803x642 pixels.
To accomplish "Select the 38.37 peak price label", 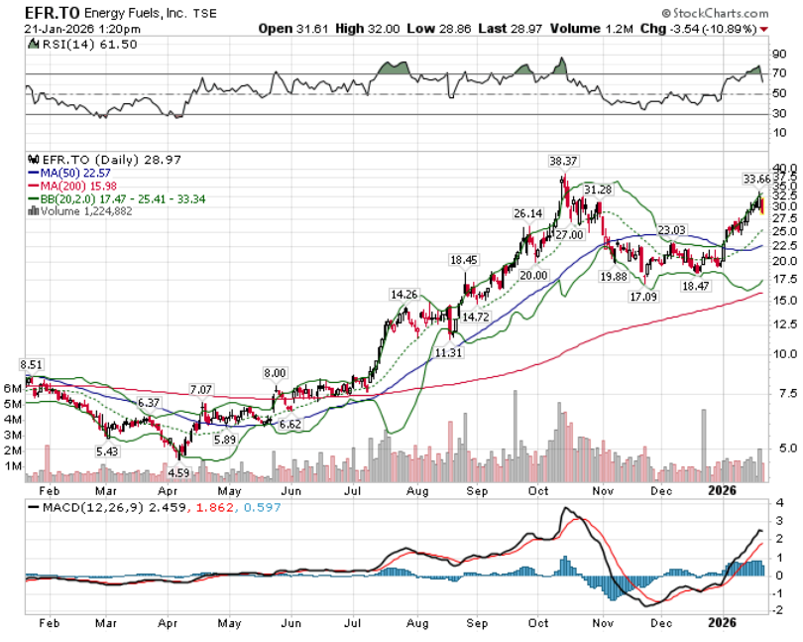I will [563, 160].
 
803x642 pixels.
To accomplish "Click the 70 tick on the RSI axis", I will [780, 73].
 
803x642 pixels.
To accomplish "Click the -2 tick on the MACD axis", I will [780, 610].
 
